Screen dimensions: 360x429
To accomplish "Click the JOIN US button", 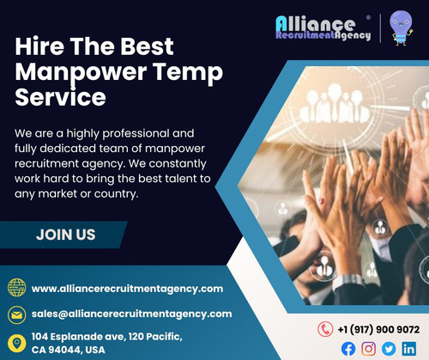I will pyautogui.click(x=65, y=235).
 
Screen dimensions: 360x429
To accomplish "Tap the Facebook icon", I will pyautogui.click(x=348, y=348).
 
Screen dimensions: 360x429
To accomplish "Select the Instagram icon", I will pyautogui.click(x=368, y=348).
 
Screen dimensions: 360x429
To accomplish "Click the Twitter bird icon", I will pyautogui.click(x=388, y=348).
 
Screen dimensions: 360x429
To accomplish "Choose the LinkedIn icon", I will pyautogui.click(x=408, y=348).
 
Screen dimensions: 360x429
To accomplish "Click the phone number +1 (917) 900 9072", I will pyautogui.click(x=378, y=328).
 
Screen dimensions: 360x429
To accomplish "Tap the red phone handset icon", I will pyautogui.click(x=325, y=328).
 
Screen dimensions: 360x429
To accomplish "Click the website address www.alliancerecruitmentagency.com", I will pyautogui.click(x=127, y=289).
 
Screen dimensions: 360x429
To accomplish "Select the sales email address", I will pyautogui.click(x=131, y=314).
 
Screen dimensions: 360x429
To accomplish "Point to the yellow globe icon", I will pyautogui.click(x=16, y=289).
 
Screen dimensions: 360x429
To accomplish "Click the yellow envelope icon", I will pyautogui.click(x=16, y=314).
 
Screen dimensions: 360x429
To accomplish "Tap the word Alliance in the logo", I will pyautogui.click(x=316, y=22).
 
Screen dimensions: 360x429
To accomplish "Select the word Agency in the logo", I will pyautogui.click(x=352, y=36).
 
